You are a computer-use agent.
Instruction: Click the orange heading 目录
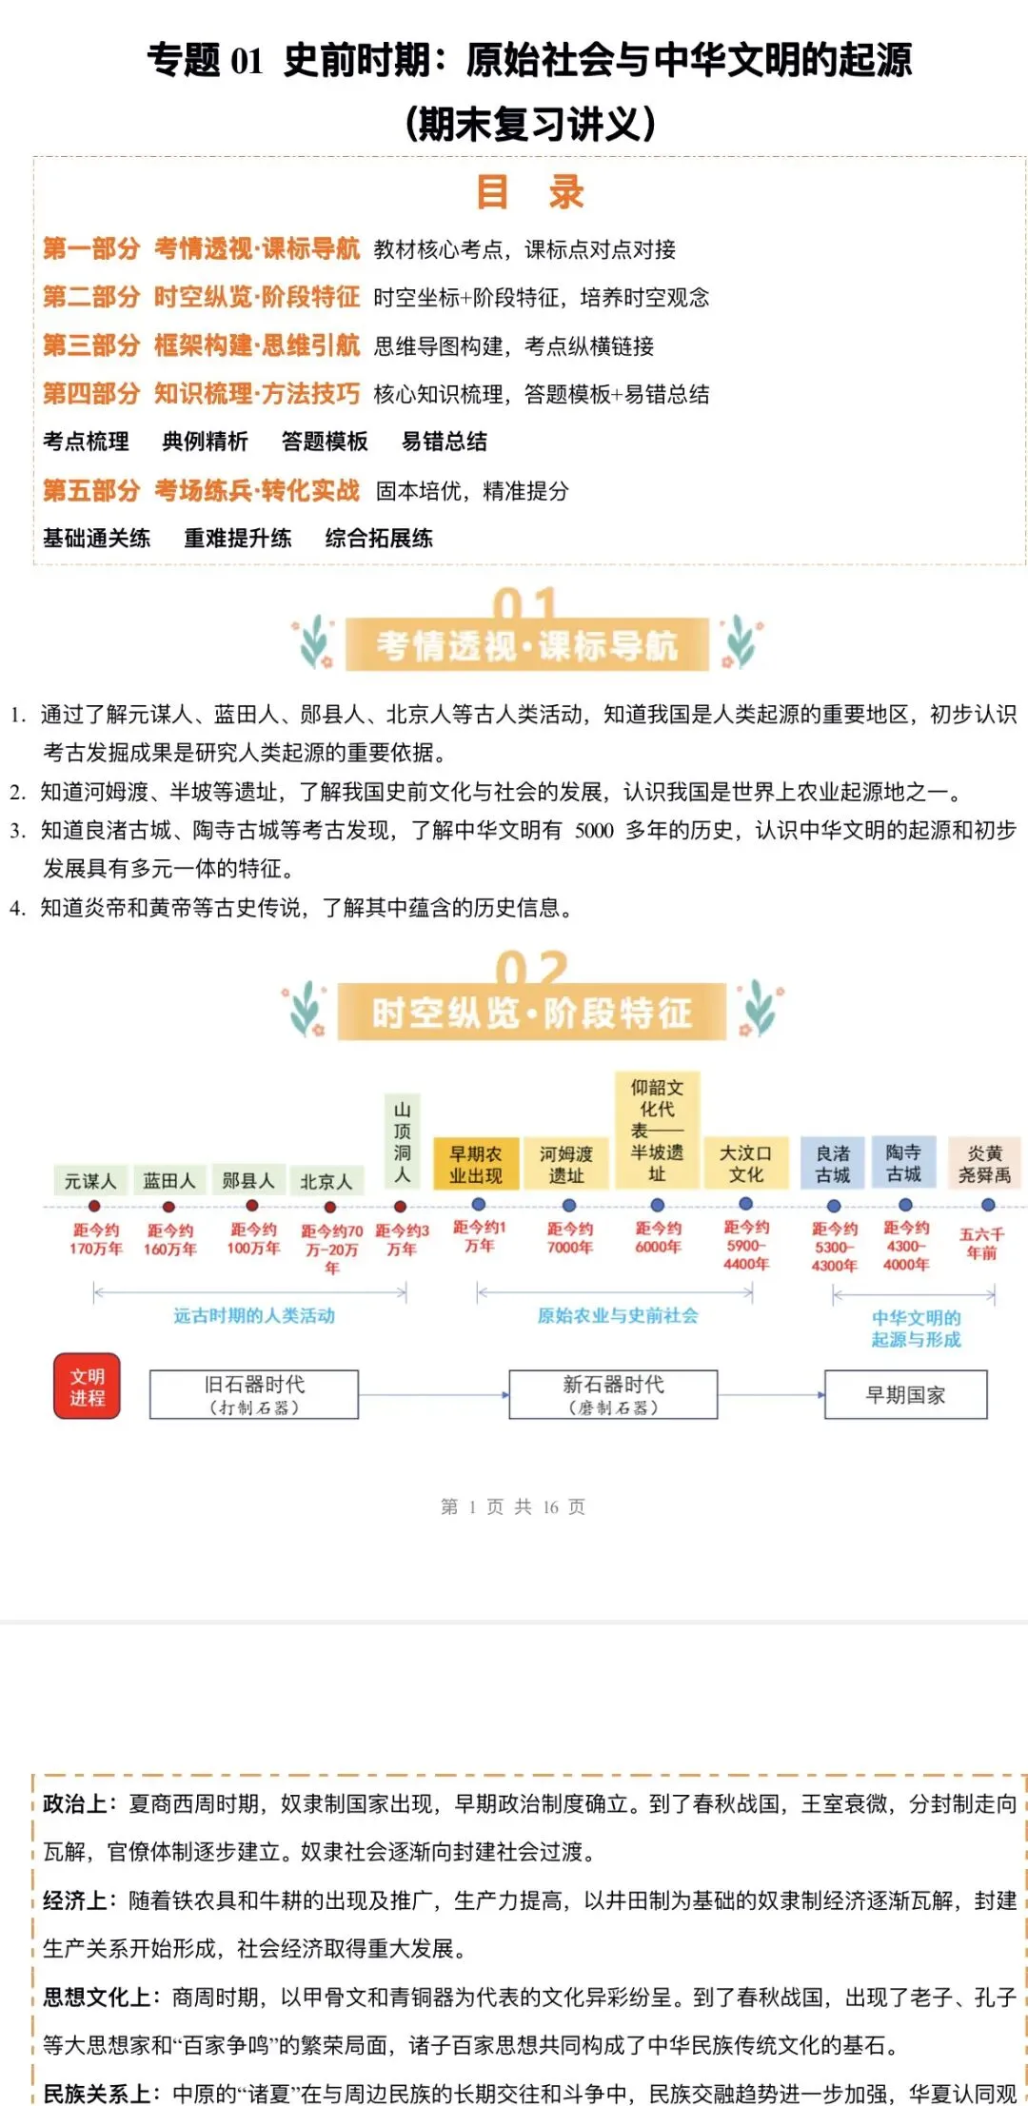pyautogui.click(x=530, y=192)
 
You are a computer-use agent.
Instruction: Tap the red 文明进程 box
pyautogui.click(x=87, y=1387)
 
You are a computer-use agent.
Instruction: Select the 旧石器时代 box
pyautogui.click(x=254, y=1394)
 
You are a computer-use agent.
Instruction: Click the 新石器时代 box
pyautogui.click(x=613, y=1394)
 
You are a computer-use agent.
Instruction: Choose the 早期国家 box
pyautogui.click(x=905, y=1395)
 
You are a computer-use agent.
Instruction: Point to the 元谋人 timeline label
pyautogui.click(x=90, y=1181)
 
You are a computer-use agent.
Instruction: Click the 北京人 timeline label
pyautogui.click(x=326, y=1181)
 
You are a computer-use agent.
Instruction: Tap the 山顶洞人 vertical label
pyautogui.click(x=403, y=1142)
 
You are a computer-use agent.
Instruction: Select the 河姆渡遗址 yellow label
pyautogui.click(x=566, y=1164)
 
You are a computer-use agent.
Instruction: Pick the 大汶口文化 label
pyautogui.click(x=746, y=1163)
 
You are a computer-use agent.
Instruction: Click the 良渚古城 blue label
pyautogui.click(x=833, y=1164)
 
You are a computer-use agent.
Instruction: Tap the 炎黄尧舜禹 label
pyautogui.click(x=984, y=1164)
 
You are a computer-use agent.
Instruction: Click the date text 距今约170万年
pyautogui.click(x=95, y=1239)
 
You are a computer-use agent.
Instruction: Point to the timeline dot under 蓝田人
pyautogui.click(x=168, y=1207)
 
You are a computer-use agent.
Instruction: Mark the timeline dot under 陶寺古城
pyautogui.click(x=905, y=1205)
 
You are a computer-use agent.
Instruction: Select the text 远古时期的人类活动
pyautogui.click(x=254, y=1315)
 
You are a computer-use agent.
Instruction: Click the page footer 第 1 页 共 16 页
pyautogui.click(x=513, y=1506)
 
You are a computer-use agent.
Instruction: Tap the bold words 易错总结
pyautogui.click(x=444, y=442)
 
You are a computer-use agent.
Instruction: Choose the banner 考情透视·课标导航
pyautogui.click(x=526, y=645)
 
